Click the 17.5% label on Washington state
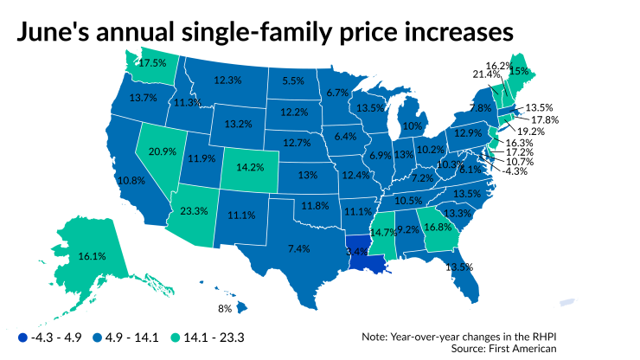point(153,63)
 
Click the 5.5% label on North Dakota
point(294,80)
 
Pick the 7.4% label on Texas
point(298,248)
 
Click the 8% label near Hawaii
point(225,308)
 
